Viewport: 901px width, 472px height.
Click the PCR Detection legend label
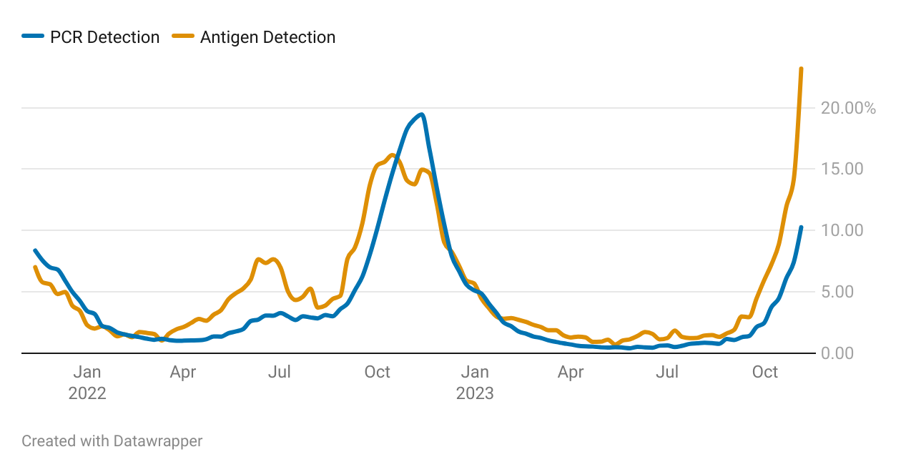(x=104, y=37)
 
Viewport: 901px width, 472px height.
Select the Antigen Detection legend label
(x=267, y=37)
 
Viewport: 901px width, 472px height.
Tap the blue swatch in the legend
(x=33, y=37)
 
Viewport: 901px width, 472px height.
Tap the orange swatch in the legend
(x=184, y=37)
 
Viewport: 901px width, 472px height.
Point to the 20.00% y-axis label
(x=848, y=108)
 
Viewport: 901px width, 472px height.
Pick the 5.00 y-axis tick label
(x=842, y=292)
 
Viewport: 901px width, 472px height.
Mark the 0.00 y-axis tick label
(x=842, y=353)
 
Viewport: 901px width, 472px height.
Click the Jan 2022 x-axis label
(x=87, y=383)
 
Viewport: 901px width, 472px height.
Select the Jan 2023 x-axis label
(x=475, y=383)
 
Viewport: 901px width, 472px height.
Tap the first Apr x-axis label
(x=183, y=372)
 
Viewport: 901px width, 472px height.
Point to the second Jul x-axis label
(x=668, y=372)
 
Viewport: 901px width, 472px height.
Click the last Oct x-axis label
(x=766, y=372)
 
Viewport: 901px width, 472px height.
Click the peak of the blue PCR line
(x=422, y=114)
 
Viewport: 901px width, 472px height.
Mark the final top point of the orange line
(x=801, y=69)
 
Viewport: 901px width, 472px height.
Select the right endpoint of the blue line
(x=801, y=227)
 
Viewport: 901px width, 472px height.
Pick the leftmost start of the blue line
(x=35, y=250)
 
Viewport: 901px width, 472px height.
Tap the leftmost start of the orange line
(x=35, y=267)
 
